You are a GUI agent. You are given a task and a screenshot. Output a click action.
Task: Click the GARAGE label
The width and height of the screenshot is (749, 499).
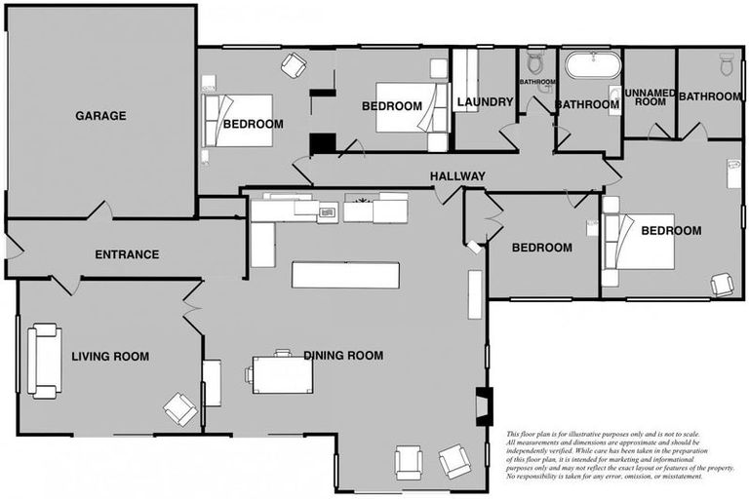pyautogui.click(x=100, y=116)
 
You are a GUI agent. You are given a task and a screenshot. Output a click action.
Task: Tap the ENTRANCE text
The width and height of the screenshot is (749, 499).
pyautogui.click(x=127, y=254)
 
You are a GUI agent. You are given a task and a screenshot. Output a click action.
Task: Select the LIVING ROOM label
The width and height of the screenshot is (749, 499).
pyautogui.click(x=110, y=357)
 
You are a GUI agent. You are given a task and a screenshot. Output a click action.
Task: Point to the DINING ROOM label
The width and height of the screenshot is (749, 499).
pyautogui.click(x=342, y=355)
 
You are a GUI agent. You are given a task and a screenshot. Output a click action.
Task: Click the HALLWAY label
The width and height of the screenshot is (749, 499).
pyautogui.click(x=457, y=176)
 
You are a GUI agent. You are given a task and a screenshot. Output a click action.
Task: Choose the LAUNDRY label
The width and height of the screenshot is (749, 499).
pyautogui.click(x=485, y=102)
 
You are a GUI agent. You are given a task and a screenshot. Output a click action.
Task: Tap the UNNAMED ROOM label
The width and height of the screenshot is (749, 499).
pyautogui.click(x=650, y=96)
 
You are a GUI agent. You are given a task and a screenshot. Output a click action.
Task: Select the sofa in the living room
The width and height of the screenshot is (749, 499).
pyautogui.click(x=44, y=361)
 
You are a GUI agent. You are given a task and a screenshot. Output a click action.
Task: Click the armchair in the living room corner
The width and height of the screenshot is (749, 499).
pyautogui.click(x=180, y=408)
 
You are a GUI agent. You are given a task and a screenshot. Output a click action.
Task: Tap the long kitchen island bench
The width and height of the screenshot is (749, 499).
pyautogui.click(x=345, y=275)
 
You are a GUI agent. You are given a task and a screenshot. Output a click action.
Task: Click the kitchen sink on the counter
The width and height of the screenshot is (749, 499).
pyautogui.click(x=327, y=211)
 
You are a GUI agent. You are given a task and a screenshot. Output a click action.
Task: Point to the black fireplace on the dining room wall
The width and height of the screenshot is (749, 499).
pyautogui.click(x=484, y=403)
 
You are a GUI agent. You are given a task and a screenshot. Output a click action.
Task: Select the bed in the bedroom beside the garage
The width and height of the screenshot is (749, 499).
pyautogui.click(x=239, y=121)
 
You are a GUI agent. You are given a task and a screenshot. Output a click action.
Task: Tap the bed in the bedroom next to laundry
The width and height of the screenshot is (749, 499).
pyautogui.click(x=409, y=106)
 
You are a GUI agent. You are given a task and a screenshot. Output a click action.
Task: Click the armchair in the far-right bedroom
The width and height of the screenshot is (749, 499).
pyautogui.click(x=722, y=284)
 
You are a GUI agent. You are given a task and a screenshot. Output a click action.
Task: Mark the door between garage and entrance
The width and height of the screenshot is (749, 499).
pyautogui.click(x=100, y=211)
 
